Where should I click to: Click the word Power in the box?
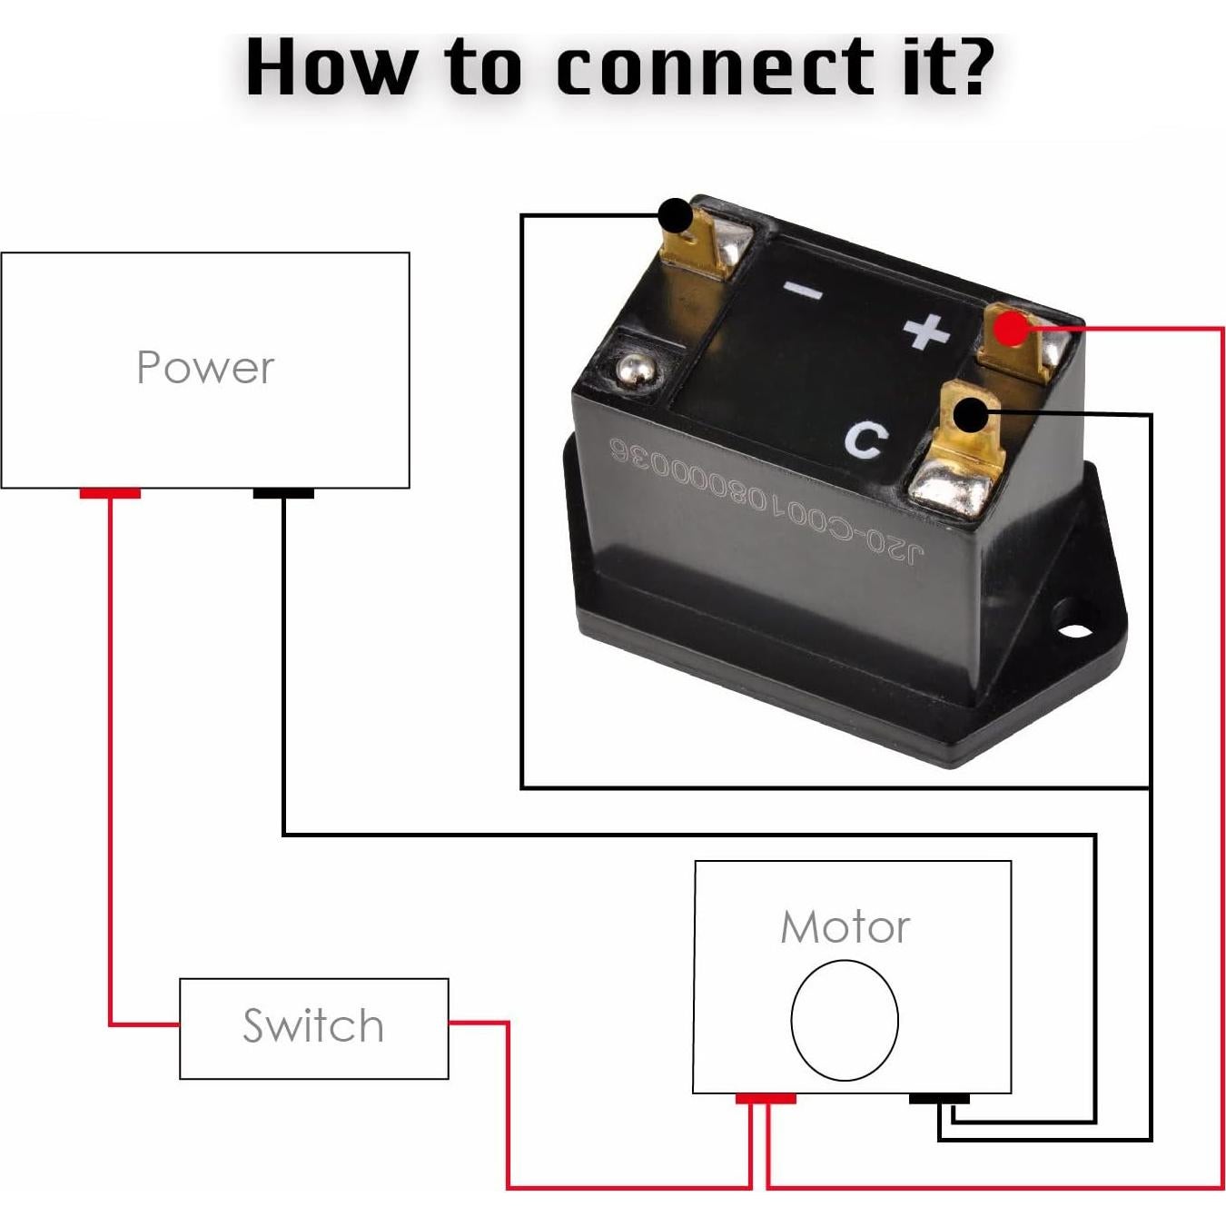tap(205, 368)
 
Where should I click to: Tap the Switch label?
tap(313, 1026)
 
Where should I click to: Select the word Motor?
tap(845, 927)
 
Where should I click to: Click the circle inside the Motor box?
tap(845, 1020)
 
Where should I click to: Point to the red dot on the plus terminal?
tap(1010, 328)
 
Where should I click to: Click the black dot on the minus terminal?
tap(675, 216)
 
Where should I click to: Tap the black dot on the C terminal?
tap(971, 416)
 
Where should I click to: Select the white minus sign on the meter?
tap(804, 291)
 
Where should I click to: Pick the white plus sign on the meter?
tap(926, 331)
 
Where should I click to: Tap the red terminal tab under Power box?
tap(110, 493)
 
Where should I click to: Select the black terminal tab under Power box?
tap(283, 493)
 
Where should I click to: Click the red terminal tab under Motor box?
tap(766, 1099)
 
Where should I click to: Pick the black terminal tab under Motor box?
tap(939, 1099)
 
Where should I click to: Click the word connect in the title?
tap(715, 66)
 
